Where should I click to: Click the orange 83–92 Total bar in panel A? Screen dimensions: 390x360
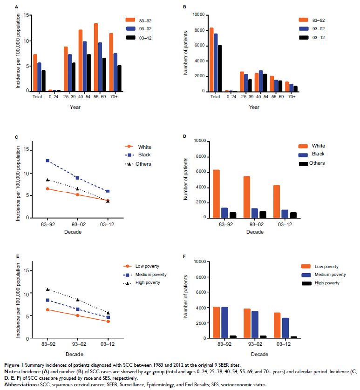coord(35,73)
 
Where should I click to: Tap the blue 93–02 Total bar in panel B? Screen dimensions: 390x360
coord(216,62)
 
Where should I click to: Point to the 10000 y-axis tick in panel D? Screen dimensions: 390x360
coord(200,141)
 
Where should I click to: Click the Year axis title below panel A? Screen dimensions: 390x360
coord(74,107)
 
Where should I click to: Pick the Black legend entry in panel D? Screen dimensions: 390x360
coord(318,154)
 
